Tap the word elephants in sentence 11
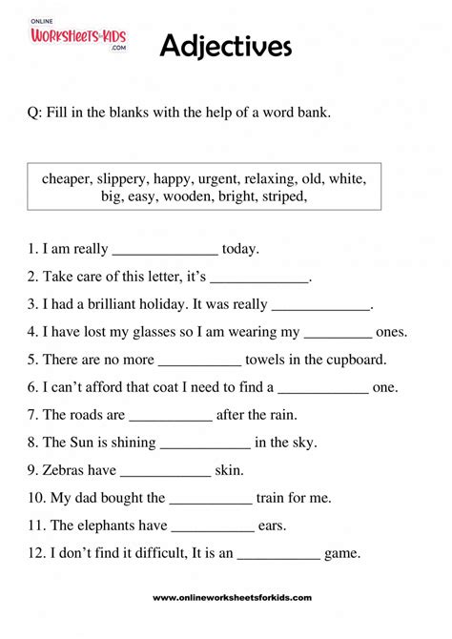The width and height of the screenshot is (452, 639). (x=108, y=526)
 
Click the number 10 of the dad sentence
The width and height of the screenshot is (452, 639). (x=36, y=498)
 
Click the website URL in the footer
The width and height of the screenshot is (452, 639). (x=232, y=597)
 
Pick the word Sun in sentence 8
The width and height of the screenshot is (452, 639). (x=84, y=443)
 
